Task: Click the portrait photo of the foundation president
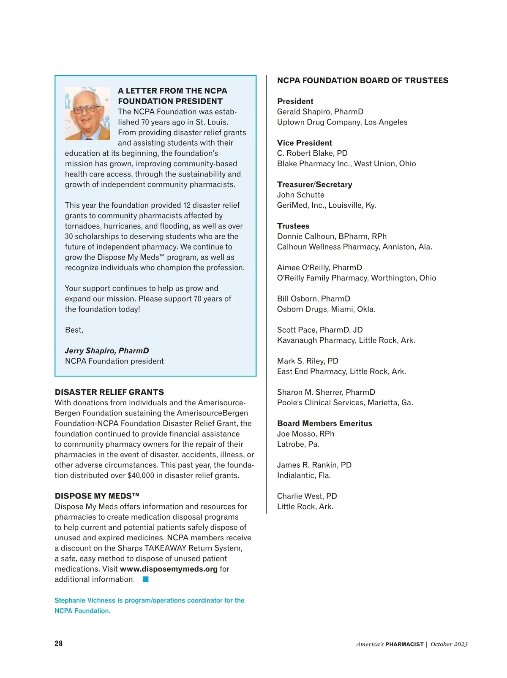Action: [87, 113]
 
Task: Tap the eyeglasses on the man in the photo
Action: [86, 109]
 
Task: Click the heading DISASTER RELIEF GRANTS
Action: [109, 392]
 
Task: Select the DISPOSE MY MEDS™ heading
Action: [97, 496]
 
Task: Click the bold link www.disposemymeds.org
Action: [169, 569]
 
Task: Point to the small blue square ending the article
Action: [146, 579]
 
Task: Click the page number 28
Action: [59, 643]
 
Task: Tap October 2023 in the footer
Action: [449, 644]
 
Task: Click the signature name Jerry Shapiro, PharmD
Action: [107, 351]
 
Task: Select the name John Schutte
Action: [301, 195]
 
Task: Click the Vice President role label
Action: [304, 143]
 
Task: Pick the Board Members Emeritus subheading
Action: [324, 423]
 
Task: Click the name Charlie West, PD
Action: [307, 496]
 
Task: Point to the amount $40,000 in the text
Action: [142, 475]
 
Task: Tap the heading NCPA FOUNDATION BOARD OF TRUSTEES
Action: [363, 81]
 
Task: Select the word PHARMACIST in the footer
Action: [404, 644]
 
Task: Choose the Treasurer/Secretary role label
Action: [314, 184]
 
